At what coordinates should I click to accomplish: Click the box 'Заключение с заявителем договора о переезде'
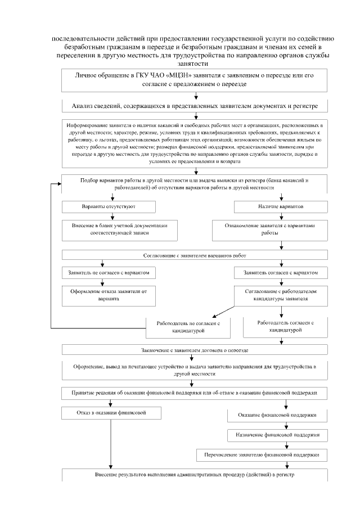pyautogui.click(x=195, y=350)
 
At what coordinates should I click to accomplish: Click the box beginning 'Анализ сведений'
pyautogui.click(x=195, y=105)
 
